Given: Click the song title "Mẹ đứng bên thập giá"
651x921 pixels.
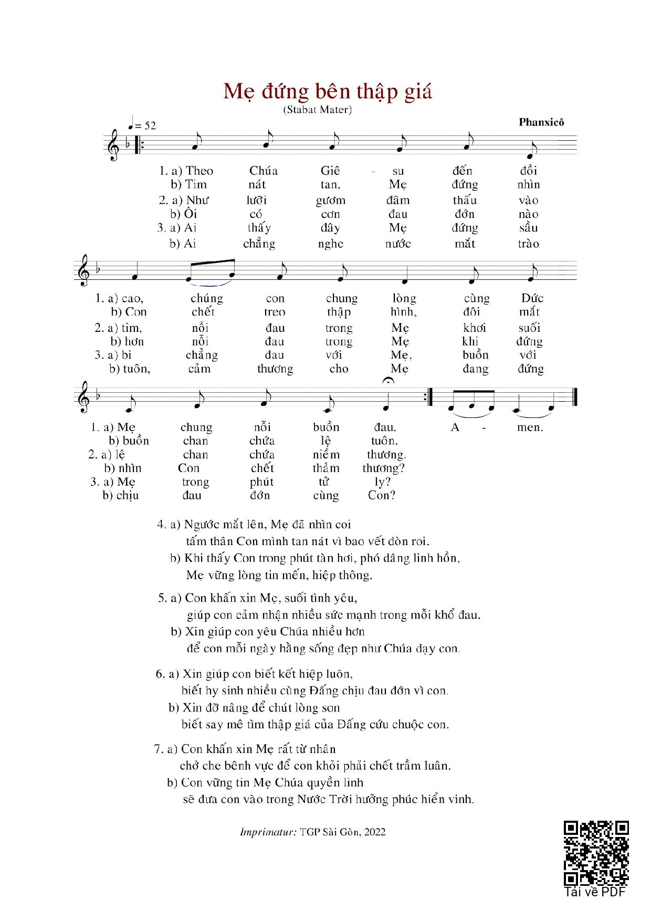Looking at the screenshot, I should pyautogui.click(x=328, y=91).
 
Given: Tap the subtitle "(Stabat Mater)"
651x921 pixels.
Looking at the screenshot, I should pyautogui.click(x=318, y=110).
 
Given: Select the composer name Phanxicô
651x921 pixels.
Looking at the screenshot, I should pyautogui.click(x=541, y=122).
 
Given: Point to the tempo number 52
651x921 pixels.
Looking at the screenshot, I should pyautogui.click(x=150, y=125).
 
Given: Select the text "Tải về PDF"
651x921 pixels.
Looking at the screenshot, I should pyautogui.click(x=595, y=892).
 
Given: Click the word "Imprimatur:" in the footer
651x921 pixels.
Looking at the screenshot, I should pyautogui.click(x=268, y=832).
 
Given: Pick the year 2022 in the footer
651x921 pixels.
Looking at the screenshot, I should pyautogui.click(x=375, y=832).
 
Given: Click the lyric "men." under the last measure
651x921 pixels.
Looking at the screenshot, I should pyautogui.click(x=530, y=427).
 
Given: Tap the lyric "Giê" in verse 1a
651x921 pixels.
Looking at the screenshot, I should pyautogui.click(x=330, y=171).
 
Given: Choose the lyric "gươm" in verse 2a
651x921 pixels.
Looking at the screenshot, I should pyautogui.click(x=331, y=201).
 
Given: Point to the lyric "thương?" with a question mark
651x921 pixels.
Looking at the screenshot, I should pyautogui.click(x=383, y=468).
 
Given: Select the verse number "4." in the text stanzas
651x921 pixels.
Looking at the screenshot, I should pyautogui.click(x=162, y=525).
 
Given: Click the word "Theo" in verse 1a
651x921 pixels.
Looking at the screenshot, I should pyautogui.click(x=199, y=171).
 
